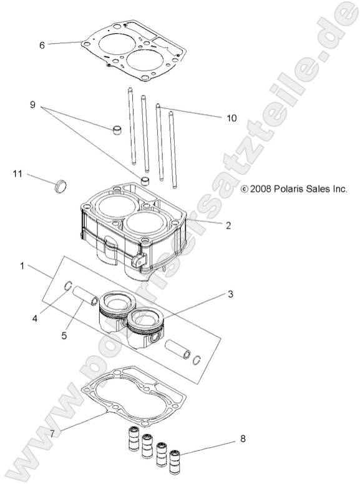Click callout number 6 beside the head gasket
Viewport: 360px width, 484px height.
42,45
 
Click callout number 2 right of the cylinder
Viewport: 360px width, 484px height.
228,226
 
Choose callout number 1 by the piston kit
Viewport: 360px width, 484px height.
22,265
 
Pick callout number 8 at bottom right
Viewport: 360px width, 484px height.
243,438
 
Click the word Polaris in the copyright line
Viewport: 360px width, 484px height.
286,188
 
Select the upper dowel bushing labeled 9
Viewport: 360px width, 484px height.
116,129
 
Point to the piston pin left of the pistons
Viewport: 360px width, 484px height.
85,294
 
